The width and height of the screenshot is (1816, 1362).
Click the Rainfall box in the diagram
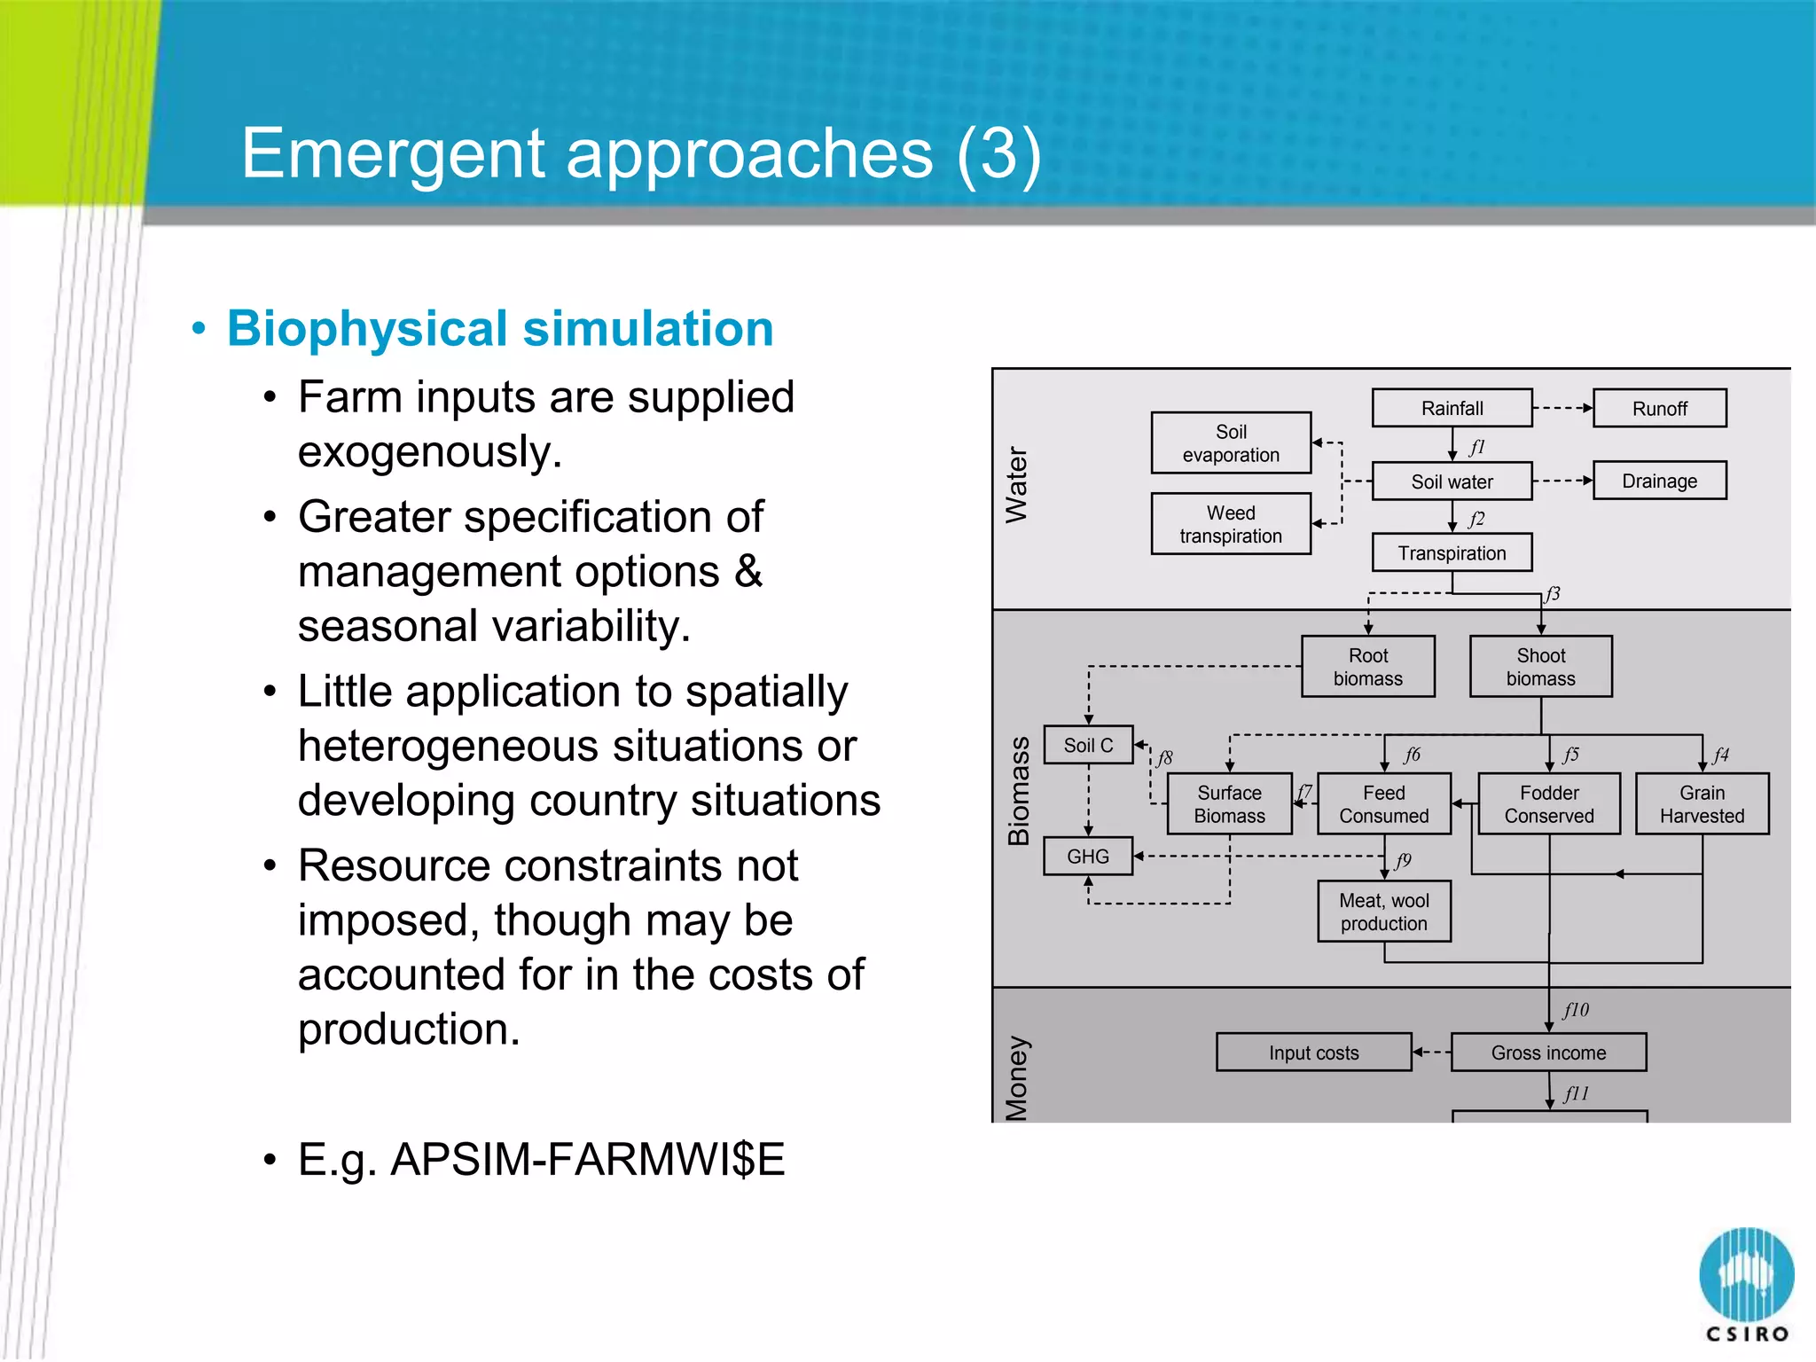tap(1452, 408)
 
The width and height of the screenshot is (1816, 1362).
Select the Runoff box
tap(1659, 408)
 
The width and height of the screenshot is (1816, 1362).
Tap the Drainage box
tap(1659, 481)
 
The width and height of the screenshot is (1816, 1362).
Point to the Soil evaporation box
tap(1231, 442)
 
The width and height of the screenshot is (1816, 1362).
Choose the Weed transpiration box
tap(1231, 524)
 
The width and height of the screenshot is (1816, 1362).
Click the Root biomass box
tap(1368, 667)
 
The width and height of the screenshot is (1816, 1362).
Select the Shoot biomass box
tap(1540, 667)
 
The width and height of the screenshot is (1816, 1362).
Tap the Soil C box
tap(1088, 746)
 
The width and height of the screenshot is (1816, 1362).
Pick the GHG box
tap(1088, 857)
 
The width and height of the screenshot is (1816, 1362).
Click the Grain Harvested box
tap(1702, 804)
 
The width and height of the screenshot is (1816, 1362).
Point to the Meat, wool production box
tap(1384, 912)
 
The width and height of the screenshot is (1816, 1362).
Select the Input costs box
tap(1313, 1053)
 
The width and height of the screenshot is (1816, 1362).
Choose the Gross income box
tap(1548, 1053)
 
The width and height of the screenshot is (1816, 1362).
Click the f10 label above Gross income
tap(1576, 1010)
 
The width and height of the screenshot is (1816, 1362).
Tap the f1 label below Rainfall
tap(1476, 447)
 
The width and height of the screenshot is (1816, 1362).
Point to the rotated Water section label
tap(1016, 484)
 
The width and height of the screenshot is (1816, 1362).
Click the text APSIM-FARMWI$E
tap(587, 1159)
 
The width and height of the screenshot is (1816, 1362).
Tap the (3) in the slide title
tap(998, 153)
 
